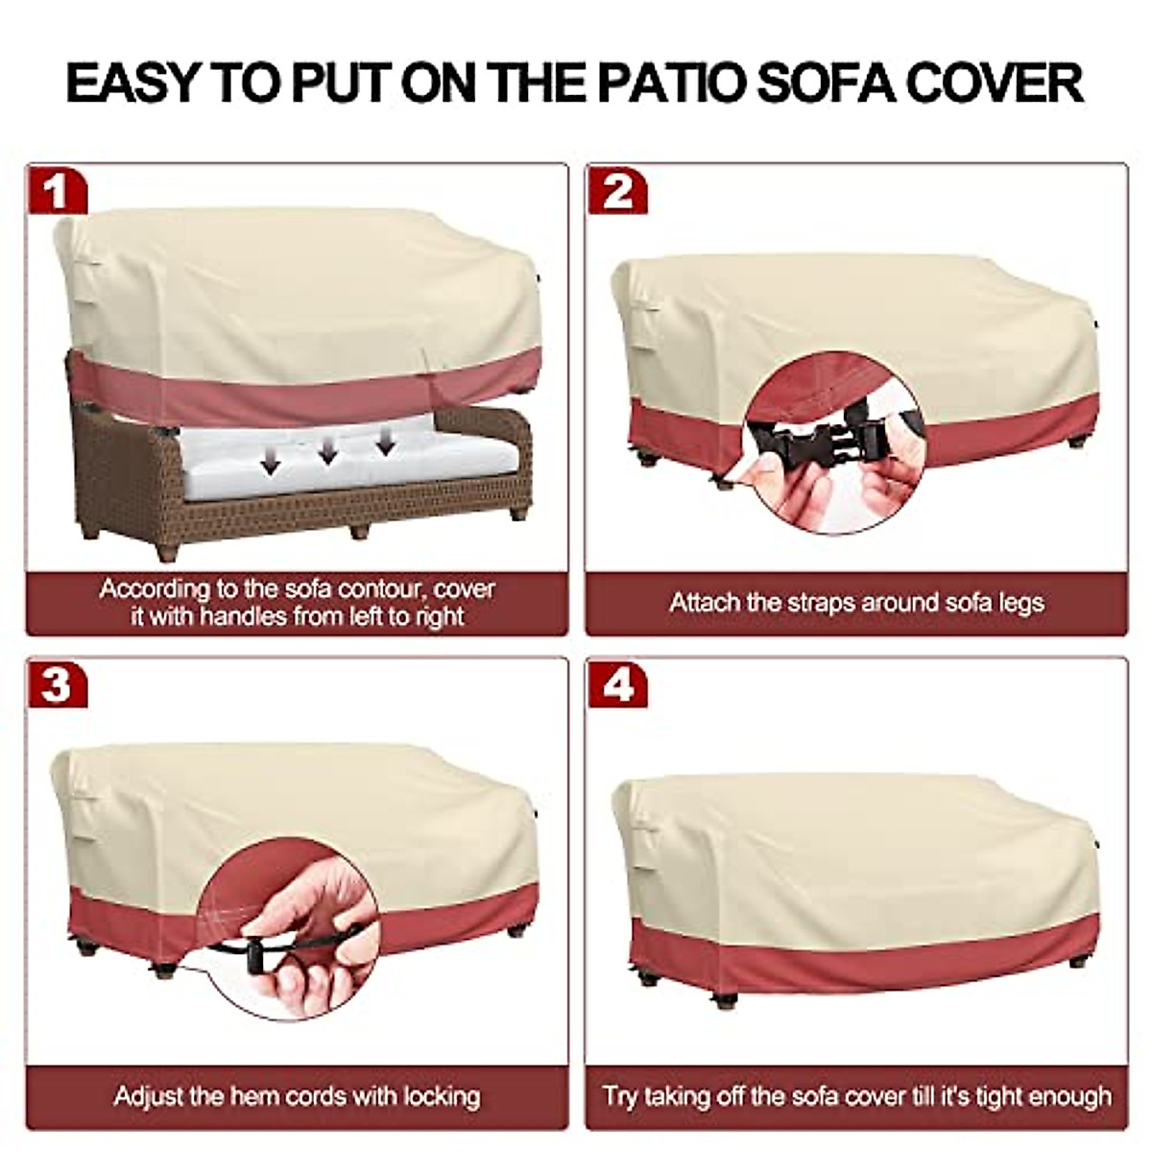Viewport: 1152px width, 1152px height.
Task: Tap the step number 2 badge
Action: (x=617, y=191)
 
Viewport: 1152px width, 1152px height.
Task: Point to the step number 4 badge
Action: (x=617, y=685)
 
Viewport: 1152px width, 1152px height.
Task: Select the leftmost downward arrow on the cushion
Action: (x=271, y=464)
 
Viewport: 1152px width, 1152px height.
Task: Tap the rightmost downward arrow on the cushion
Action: (x=386, y=443)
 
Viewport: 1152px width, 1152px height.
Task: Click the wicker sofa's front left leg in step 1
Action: (x=165, y=552)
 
